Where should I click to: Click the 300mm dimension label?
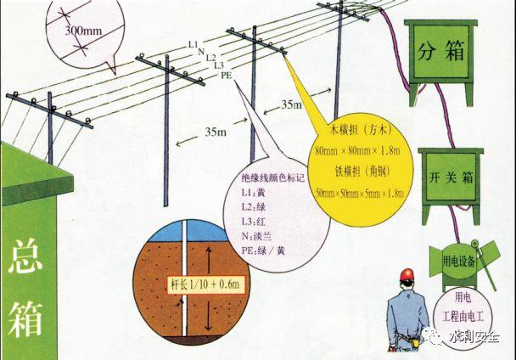click(83, 31)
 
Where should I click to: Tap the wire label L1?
click(193, 44)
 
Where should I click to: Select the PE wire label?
click(226, 76)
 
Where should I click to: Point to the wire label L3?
click(219, 65)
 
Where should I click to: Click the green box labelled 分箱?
click(441, 63)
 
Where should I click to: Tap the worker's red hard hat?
click(407, 274)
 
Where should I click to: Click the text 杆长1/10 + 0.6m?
click(205, 284)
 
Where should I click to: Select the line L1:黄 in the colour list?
click(253, 193)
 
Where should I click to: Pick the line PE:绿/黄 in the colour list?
click(263, 250)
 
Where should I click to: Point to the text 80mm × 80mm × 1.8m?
click(357, 151)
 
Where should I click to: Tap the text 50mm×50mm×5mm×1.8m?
click(360, 193)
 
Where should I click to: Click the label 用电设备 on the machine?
click(459, 262)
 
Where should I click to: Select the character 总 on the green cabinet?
click(25, 256)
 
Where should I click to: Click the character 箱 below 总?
click(25, 318)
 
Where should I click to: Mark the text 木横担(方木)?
click(362, 131)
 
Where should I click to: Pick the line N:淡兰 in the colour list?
click(256, 236)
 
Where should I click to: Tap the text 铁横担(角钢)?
click(362, 172)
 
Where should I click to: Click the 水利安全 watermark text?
click(474, 337)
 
